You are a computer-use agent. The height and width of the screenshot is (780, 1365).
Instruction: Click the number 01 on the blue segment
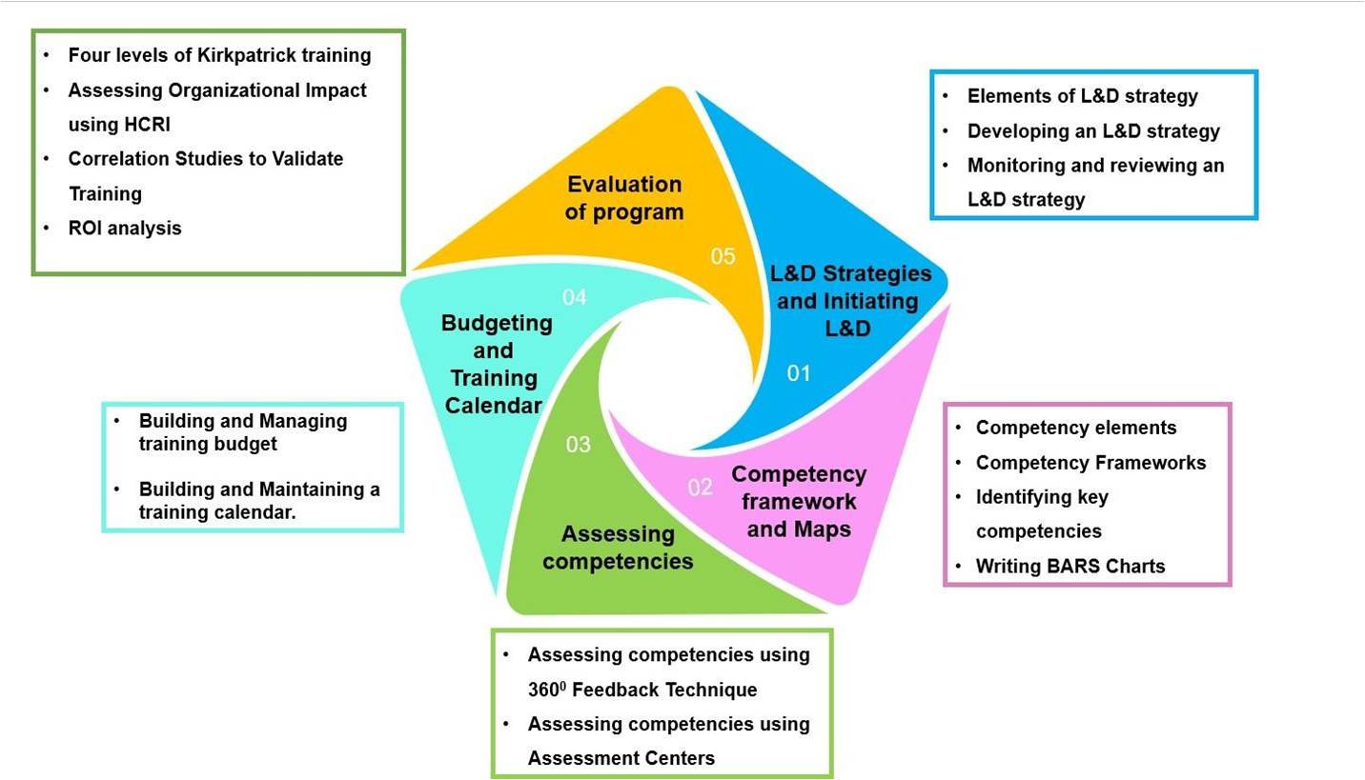[798, 373]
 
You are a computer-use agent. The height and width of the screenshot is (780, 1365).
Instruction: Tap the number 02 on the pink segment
[700, 488]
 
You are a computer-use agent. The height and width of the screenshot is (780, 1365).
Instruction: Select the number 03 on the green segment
[578, 445]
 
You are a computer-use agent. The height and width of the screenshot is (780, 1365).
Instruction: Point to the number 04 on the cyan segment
[574, 298]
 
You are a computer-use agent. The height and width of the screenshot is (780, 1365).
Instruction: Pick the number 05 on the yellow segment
[723, 256]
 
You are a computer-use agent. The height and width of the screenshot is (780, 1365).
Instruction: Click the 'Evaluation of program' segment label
[624, 198]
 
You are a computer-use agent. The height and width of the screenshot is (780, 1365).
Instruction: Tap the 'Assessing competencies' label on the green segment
[618, 548]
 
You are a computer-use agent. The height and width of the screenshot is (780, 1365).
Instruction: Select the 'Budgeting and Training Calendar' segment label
[496, 364]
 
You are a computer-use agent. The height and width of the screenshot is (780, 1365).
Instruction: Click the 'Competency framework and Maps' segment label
[799, 501]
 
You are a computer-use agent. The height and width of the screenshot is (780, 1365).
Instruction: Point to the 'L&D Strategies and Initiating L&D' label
[850, 301]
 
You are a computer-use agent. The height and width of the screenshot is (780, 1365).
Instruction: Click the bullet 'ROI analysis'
[125, 229]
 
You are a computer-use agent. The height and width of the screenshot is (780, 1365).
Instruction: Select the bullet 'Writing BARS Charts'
[1070, 567]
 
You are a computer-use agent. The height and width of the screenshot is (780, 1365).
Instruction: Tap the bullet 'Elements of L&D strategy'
[1082, 96]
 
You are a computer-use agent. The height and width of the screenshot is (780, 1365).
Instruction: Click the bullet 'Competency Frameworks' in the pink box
[1090, 463]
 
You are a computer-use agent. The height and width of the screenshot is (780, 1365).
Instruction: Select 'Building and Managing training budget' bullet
[242, 432]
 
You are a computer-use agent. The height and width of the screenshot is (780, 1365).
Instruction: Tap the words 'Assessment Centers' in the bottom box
[621, 759]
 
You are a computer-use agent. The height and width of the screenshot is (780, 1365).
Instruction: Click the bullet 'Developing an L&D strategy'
[1093, 131]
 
